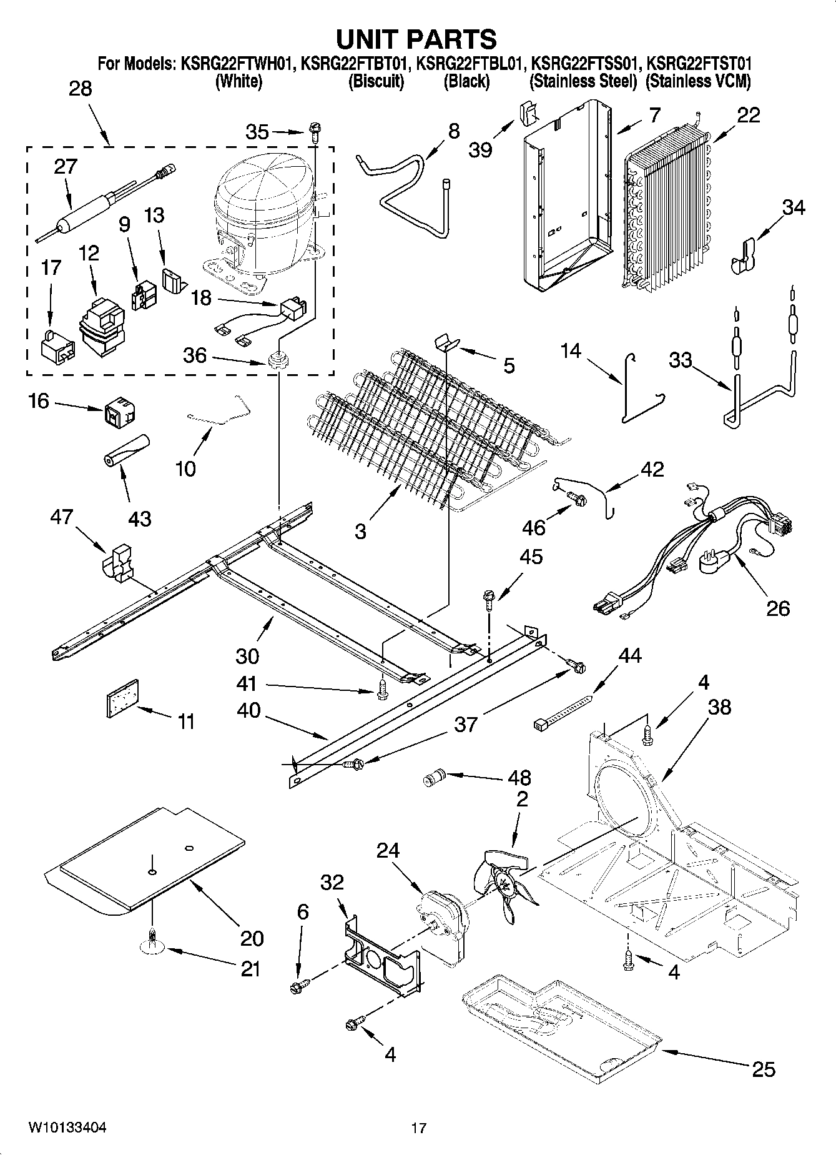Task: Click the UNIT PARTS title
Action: tap(416, 39)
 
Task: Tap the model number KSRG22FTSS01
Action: tap(583, 64)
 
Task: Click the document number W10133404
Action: tap(67, 1128)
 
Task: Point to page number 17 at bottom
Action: tap(418, 1128)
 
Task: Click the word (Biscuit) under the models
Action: tap(376, 81)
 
